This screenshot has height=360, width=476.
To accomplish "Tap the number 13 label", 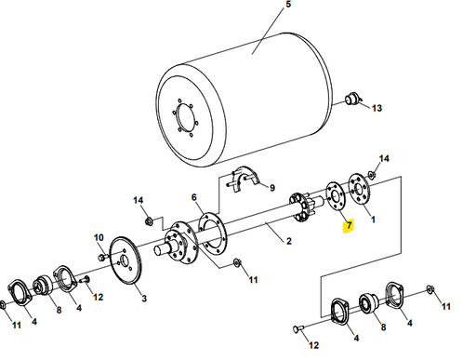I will [x=377, y=109].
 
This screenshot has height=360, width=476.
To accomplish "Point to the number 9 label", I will [x=272, y=187].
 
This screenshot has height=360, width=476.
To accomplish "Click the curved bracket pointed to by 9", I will [x=245, y=177].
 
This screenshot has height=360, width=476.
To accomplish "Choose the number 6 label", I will [x=194, y=198].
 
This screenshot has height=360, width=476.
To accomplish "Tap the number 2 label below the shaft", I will [x=289, y=242].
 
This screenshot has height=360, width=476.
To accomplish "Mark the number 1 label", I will [x=374, y=220].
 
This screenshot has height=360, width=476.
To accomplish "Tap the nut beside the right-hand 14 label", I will [x=372, y=174].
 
